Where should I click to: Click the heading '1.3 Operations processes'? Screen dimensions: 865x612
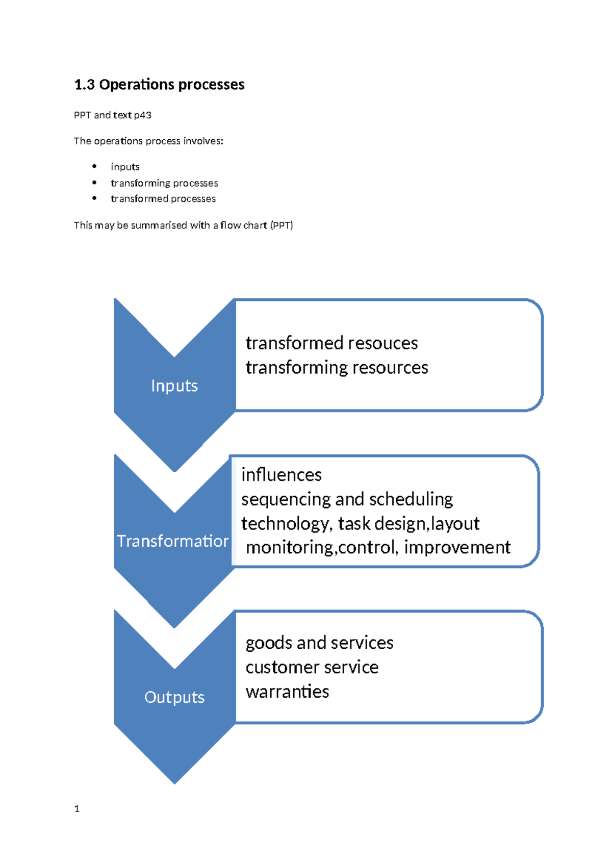(x=159, y=85)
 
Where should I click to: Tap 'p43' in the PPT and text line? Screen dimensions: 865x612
(x=142, y=115)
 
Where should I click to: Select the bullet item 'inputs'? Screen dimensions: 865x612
(x=125, y=167)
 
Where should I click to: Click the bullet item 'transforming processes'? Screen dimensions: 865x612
(x=164, y=183)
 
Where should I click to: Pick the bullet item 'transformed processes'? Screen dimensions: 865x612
(x=163, y=199)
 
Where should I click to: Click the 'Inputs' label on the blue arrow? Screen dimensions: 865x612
(x=174, y=386)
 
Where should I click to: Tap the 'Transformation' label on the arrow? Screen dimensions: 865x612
(x=172, y=541)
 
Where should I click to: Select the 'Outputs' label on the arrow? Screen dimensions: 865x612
(x=174, y=697)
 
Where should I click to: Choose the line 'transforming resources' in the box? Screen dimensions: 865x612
(x=337, y=368)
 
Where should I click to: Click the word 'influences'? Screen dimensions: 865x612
(x=282, y=475)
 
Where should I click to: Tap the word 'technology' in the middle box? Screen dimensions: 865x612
(x=285, y=524)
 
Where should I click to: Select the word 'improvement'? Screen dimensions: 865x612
(x=457, y=547)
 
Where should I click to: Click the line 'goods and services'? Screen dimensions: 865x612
(x=319, y=643)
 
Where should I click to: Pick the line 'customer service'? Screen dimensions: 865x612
(x=312, y=668)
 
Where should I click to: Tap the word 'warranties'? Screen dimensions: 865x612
(x=287, y=692)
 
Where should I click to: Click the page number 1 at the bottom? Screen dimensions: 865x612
(x=77, y=808)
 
